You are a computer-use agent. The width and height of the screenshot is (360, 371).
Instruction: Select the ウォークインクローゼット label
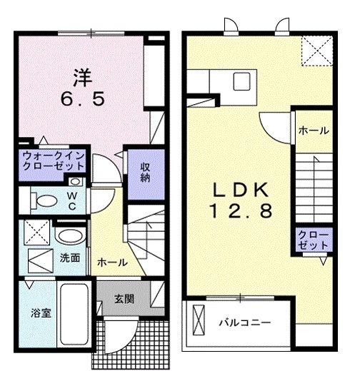pos(54,161)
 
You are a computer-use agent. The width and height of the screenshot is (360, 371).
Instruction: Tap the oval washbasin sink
pos(69,236)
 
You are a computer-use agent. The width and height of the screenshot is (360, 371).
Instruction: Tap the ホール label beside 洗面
pos(113,263)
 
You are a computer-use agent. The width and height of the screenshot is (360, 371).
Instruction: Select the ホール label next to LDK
pos(313,131)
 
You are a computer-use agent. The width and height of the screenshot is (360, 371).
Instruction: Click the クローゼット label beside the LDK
pos(314,240)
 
